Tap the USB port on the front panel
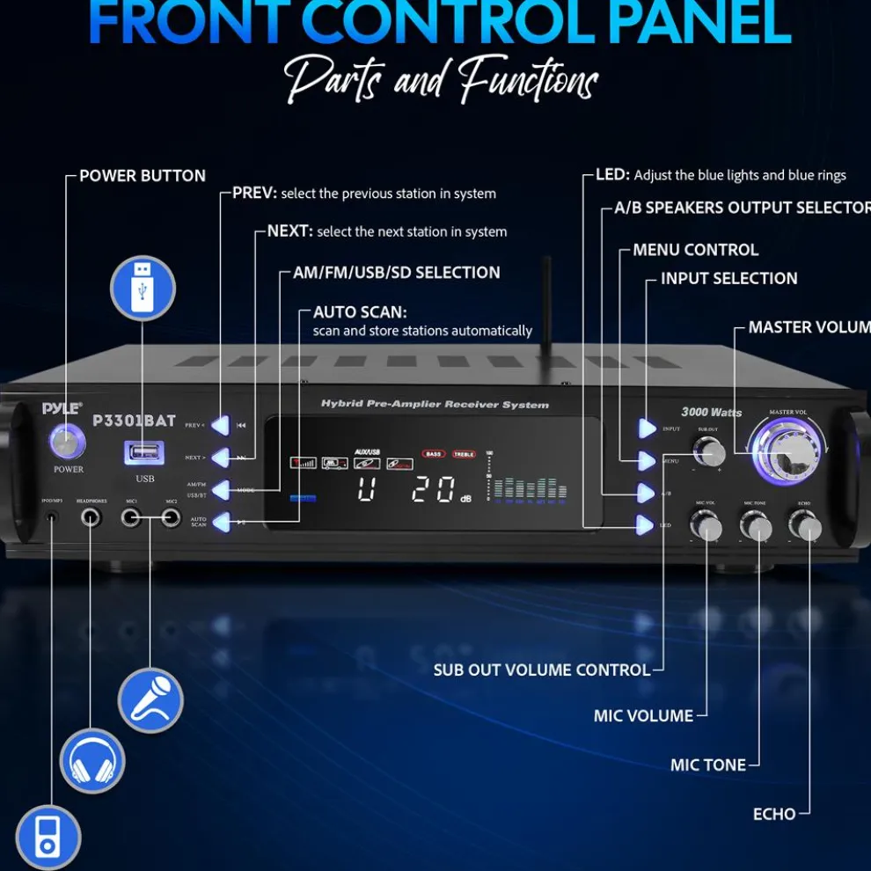[x=145, y=453]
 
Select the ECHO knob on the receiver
[x=805, y=525]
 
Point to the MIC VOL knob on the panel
[x=706, y=525]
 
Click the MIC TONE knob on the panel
[x=756, y=525]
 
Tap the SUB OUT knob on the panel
[x=709, y=452]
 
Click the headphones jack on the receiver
[x=91, y=517]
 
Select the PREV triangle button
[x=219, y=426]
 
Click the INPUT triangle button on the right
[x=647, y=428]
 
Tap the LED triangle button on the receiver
[x=647, y=525]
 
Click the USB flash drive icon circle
[x=143, y=289]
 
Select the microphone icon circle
[x=150, y=699]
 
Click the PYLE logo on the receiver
[x=62, y=408]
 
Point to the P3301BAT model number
[x=134, y=421]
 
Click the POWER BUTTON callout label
[x=143, y=176]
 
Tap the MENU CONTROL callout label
[x=695, y=250]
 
